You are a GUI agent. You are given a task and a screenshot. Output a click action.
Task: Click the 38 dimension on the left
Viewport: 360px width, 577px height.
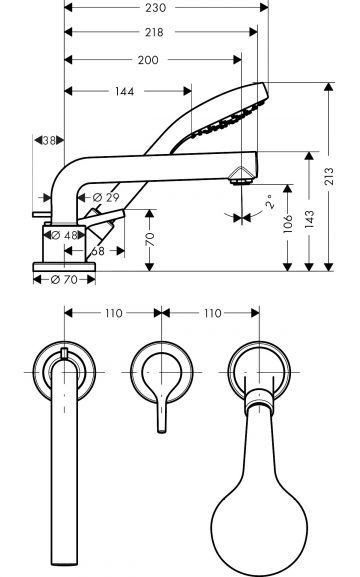[x=46, y=141]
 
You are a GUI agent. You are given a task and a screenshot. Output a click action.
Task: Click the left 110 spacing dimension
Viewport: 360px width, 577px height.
[x=111, y=314]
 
